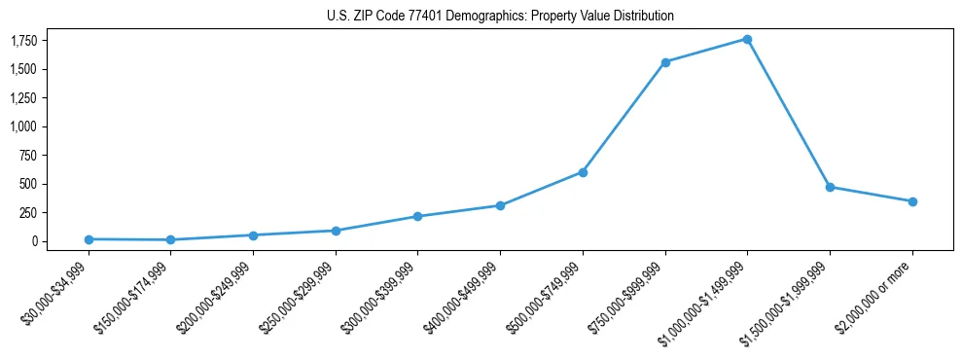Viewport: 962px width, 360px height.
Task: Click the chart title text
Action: click(500, 16)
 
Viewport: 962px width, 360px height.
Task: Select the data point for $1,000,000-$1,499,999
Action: click(747, 39)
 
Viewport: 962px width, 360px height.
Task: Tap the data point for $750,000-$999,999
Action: click(665, 62)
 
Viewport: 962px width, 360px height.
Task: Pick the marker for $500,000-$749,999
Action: click(583, 172)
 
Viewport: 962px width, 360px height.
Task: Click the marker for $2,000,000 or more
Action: click(912, 201)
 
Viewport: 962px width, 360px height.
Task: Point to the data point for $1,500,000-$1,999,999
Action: click(830, 187)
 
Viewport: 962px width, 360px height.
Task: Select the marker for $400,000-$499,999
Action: click(500, 205)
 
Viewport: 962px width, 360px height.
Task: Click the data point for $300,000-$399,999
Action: click(417, 216)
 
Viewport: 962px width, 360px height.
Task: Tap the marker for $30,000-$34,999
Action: click(89, 239)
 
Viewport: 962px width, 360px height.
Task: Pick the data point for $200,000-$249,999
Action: click(253, 235)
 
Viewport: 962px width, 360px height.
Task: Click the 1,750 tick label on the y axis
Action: click(24, 41)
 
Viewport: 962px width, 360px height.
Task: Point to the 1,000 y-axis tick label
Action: click(24, 126)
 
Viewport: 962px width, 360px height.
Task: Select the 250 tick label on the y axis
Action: click(29, 212)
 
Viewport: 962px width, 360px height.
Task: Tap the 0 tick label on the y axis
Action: click(34, 241)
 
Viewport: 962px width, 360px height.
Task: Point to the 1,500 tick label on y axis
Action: click(24, 69)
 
